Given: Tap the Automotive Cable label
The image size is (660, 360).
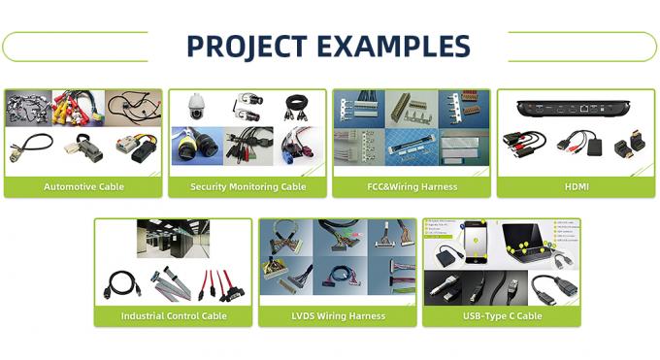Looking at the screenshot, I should (x=83, y=186).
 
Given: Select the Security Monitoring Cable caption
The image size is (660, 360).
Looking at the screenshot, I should (x=247, y=186).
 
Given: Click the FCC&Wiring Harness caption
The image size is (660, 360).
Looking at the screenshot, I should (x=412, y=186).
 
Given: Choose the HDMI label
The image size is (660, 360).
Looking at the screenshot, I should (x=576, y=186).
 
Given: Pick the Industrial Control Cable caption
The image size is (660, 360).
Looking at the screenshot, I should (x=173, y=315).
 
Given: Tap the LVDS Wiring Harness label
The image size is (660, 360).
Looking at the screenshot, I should (x=337, y=315).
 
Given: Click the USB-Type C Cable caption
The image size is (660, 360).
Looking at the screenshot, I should (x=501, y=315).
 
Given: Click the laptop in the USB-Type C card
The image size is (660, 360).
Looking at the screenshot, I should (x=532, y=243).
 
